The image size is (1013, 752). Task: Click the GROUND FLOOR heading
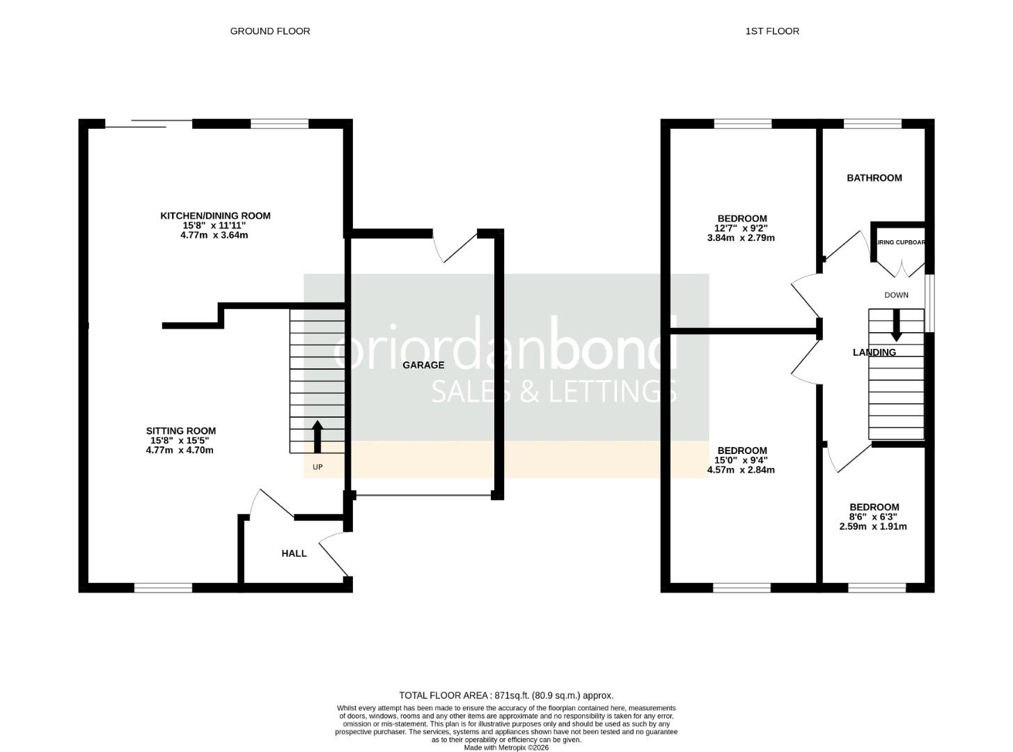(x=270, y=31)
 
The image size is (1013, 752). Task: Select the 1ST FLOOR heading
(x=771, y=31)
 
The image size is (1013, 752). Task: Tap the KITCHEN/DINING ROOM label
(x=215, y=216)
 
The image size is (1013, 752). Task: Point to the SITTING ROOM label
(x=180, y=431)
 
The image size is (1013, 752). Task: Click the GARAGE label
(x=423, y=365)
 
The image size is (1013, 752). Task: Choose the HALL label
(x=294, y=554)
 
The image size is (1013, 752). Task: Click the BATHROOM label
(x=874, y=178)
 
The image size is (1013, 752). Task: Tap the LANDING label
(x=874, y=352)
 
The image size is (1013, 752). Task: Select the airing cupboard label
(x=900, y=243)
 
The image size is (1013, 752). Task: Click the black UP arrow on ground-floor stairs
(x=317, y=437)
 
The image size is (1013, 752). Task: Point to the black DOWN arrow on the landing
(x=896, y=324)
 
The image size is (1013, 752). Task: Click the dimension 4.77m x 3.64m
(x=214, y=235)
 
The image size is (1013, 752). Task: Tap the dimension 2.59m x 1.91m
(x=873, y=526)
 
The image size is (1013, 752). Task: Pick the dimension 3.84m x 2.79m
(x=741, y=237)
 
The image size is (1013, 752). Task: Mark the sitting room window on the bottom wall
(x=163, y=588)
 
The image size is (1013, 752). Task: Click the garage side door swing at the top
(x=454, y=245)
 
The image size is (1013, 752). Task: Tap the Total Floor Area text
(x=505, y=695)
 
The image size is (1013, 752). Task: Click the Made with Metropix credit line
(x=505, y=747)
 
